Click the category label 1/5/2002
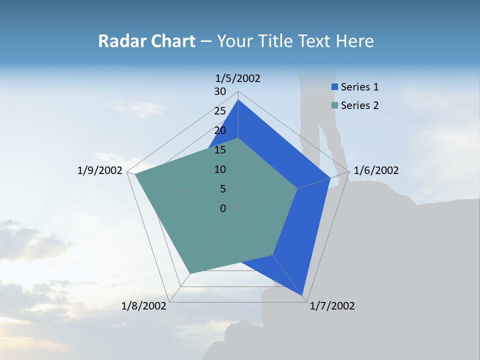point(238,78)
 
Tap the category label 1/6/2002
point(376,170)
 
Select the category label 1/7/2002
point(332,306)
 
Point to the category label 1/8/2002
point(144,306)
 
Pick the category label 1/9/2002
point(99,170)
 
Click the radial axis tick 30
point(220,91)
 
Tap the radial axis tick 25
point(220,111)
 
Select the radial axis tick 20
point(220,130)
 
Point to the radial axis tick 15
point(220,150)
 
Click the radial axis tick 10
point(220,169)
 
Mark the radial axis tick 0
point(223,208)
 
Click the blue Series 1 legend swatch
point(334,87)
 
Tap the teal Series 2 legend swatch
point(334,105)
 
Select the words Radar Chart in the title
point(146,41)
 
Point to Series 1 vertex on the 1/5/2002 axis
point(238,99)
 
